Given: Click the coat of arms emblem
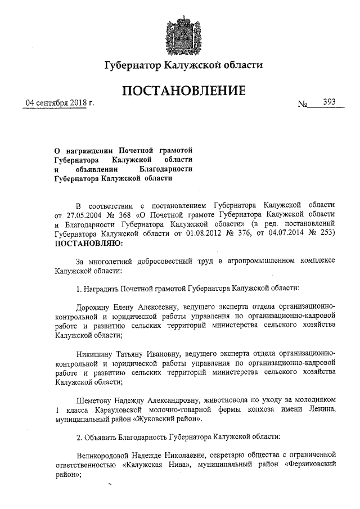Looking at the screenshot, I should pyautogui.click(x=180, y=34).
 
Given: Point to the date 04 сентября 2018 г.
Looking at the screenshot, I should pyautogui.click(x=56, y=103).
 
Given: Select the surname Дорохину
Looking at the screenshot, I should pyautogui.click(x=96, y=307).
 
